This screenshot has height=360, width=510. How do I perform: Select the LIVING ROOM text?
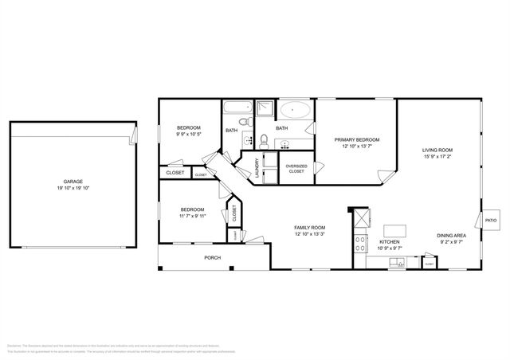tap(437, 150)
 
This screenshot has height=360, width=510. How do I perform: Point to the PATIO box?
tap(492, 220)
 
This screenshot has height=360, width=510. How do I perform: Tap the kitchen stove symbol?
tap(359, 240)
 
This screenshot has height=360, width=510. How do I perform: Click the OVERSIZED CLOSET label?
tap(296, 168)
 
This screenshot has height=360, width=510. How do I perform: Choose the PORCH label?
tap(213, 257)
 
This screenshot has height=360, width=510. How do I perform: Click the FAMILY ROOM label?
tap(310, 227)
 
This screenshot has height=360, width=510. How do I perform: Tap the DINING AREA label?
tap(452, 235)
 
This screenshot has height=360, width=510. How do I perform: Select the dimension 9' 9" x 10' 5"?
tap(189, 135)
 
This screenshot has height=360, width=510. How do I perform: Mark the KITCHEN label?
tap(389, 241)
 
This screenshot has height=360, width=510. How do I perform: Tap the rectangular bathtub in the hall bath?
tap(237, 109)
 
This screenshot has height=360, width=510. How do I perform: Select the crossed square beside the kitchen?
tap(363, 216)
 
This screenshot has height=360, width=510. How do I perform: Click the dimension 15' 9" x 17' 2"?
tap(437, 157)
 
